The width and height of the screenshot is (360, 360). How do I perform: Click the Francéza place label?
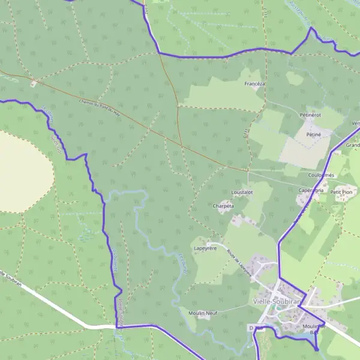[x=255, y=84]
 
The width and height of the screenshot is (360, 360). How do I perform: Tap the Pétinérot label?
[x=310, y=114]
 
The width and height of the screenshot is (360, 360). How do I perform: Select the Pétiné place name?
[x=314, y=135]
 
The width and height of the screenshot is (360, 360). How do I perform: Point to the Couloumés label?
[x=321, y=175]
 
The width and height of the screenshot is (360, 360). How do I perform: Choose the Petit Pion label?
[x=344, y=192]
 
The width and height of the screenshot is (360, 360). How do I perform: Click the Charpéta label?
[x=223, y=205]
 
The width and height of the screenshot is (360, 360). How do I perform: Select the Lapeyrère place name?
[x=204, y=247]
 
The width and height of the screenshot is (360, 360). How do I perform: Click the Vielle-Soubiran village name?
[x=277, y=301]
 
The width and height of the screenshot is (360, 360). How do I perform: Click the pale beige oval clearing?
[x=21, y=171]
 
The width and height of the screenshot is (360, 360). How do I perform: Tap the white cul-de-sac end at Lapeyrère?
[x=210, y=243]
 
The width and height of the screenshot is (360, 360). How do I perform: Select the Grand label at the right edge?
[x=353, y=145]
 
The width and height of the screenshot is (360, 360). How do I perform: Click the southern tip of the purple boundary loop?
[x=317, y=349]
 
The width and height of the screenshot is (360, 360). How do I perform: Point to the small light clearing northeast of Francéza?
[x=295, y=78]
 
